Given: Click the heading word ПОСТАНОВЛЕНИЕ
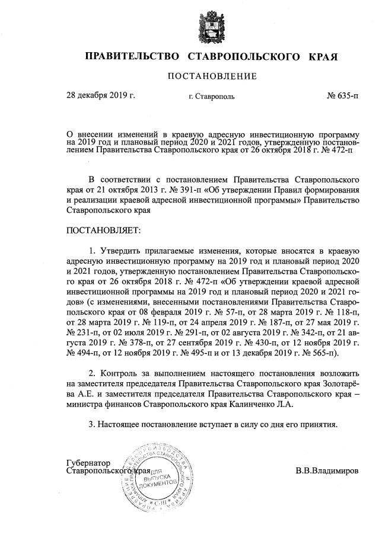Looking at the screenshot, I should tap(212, 76).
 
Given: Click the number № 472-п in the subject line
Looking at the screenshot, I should tap(335, 151).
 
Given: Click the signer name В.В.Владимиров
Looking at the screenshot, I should tap(327, 472).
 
